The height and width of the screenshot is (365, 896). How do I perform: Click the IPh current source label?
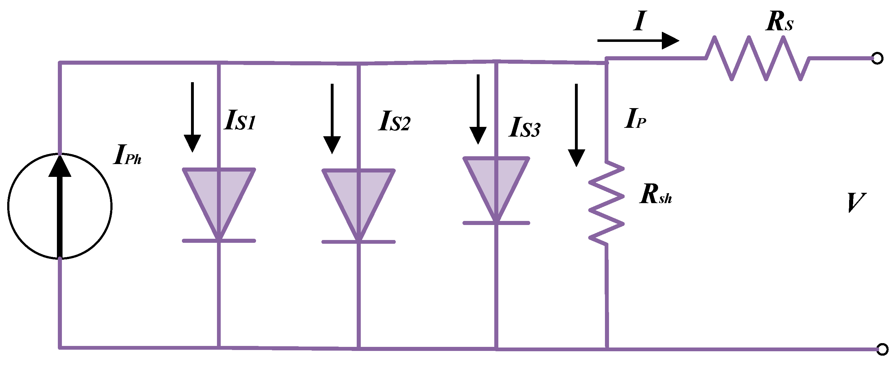click(127, 155)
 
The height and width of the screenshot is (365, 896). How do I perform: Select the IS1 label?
click(240, 120)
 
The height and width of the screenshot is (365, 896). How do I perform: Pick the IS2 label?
click(394, 121)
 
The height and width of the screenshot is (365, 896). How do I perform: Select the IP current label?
click(635, 119)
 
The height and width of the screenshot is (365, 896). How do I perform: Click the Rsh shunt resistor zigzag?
click(606, 203)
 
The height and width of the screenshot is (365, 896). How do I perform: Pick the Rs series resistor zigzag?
click(758, 58)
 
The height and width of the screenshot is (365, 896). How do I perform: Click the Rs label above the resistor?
click(779, 22)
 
